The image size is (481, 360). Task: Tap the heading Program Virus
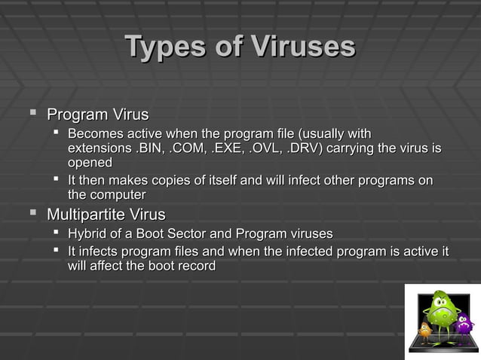tap(97, 115)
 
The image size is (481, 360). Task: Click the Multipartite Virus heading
tap(106, 215)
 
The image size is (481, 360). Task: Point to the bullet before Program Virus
tap(32, 114)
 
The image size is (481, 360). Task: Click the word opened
tap(90, 163)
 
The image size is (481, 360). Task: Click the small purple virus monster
tap(464, 324)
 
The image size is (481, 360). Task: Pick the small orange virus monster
tap(424, 330)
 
